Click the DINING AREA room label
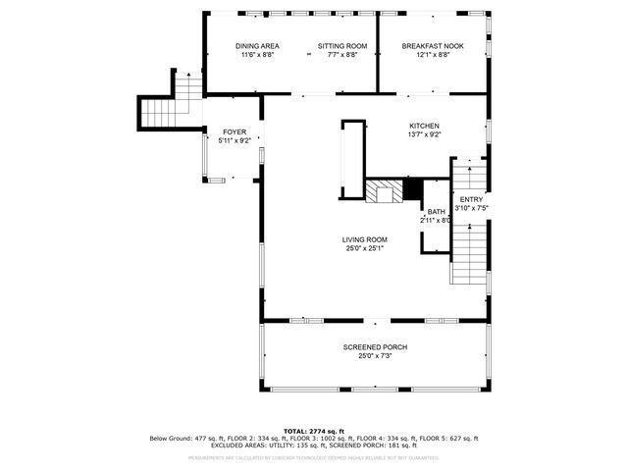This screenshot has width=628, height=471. click(x=257, y=46)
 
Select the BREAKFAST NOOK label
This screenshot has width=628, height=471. click(x=432, y=46)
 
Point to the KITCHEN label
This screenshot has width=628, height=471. click(x=425, y=126)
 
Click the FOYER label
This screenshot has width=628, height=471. click(x=235, y=131)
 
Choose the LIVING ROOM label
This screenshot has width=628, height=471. click(x=364, y=239)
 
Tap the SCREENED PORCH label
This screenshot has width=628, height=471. click(x=375, y=347)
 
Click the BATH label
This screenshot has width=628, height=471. click(x=436, y=212)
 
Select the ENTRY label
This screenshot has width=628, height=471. click(x=471, y=199)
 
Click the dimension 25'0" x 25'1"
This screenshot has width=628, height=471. click(x=364, y=248)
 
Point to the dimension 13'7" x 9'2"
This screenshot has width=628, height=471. click(x=425, y=134)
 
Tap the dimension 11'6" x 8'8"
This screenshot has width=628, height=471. click(x=257, y=55)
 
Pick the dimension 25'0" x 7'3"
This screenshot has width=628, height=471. click(x=375, y=356)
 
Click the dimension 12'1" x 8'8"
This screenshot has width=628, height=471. click(x=432, y=55)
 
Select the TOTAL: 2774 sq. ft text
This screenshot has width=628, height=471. click(x=314, y=431)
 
